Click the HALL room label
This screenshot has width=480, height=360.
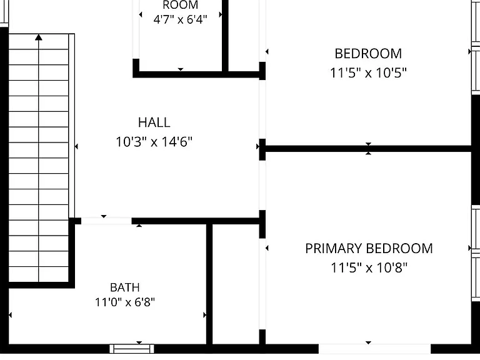(154, 122)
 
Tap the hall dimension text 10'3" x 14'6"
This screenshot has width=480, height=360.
(154, 142)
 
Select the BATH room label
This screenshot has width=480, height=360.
(125, 287)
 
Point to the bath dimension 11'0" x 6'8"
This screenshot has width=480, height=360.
(125, 302)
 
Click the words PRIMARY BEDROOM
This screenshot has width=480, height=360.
(369, 248)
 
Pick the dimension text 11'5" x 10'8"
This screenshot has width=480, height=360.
(369, 268)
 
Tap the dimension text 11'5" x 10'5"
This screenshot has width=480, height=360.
(368, 73)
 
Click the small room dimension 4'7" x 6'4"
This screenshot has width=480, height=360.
(180, 20)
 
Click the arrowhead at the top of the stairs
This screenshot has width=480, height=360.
(39, 37)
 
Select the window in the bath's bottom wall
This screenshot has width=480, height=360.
(132, 349)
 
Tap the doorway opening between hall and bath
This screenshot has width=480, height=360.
(106, 221)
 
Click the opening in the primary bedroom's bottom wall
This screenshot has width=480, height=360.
(375, 349)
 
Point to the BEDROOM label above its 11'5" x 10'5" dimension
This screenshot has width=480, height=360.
(368, 54)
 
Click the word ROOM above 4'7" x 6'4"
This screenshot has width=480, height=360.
(180, 5)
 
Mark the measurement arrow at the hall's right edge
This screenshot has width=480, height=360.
(257, 147)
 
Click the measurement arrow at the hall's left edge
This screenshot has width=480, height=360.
(76, 147)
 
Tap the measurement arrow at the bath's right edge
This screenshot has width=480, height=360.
(205, 315)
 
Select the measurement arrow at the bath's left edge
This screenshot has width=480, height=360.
(11, 315)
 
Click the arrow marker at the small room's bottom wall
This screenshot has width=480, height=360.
(181, 69)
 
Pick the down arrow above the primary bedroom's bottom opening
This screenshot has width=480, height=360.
(369, 342)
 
